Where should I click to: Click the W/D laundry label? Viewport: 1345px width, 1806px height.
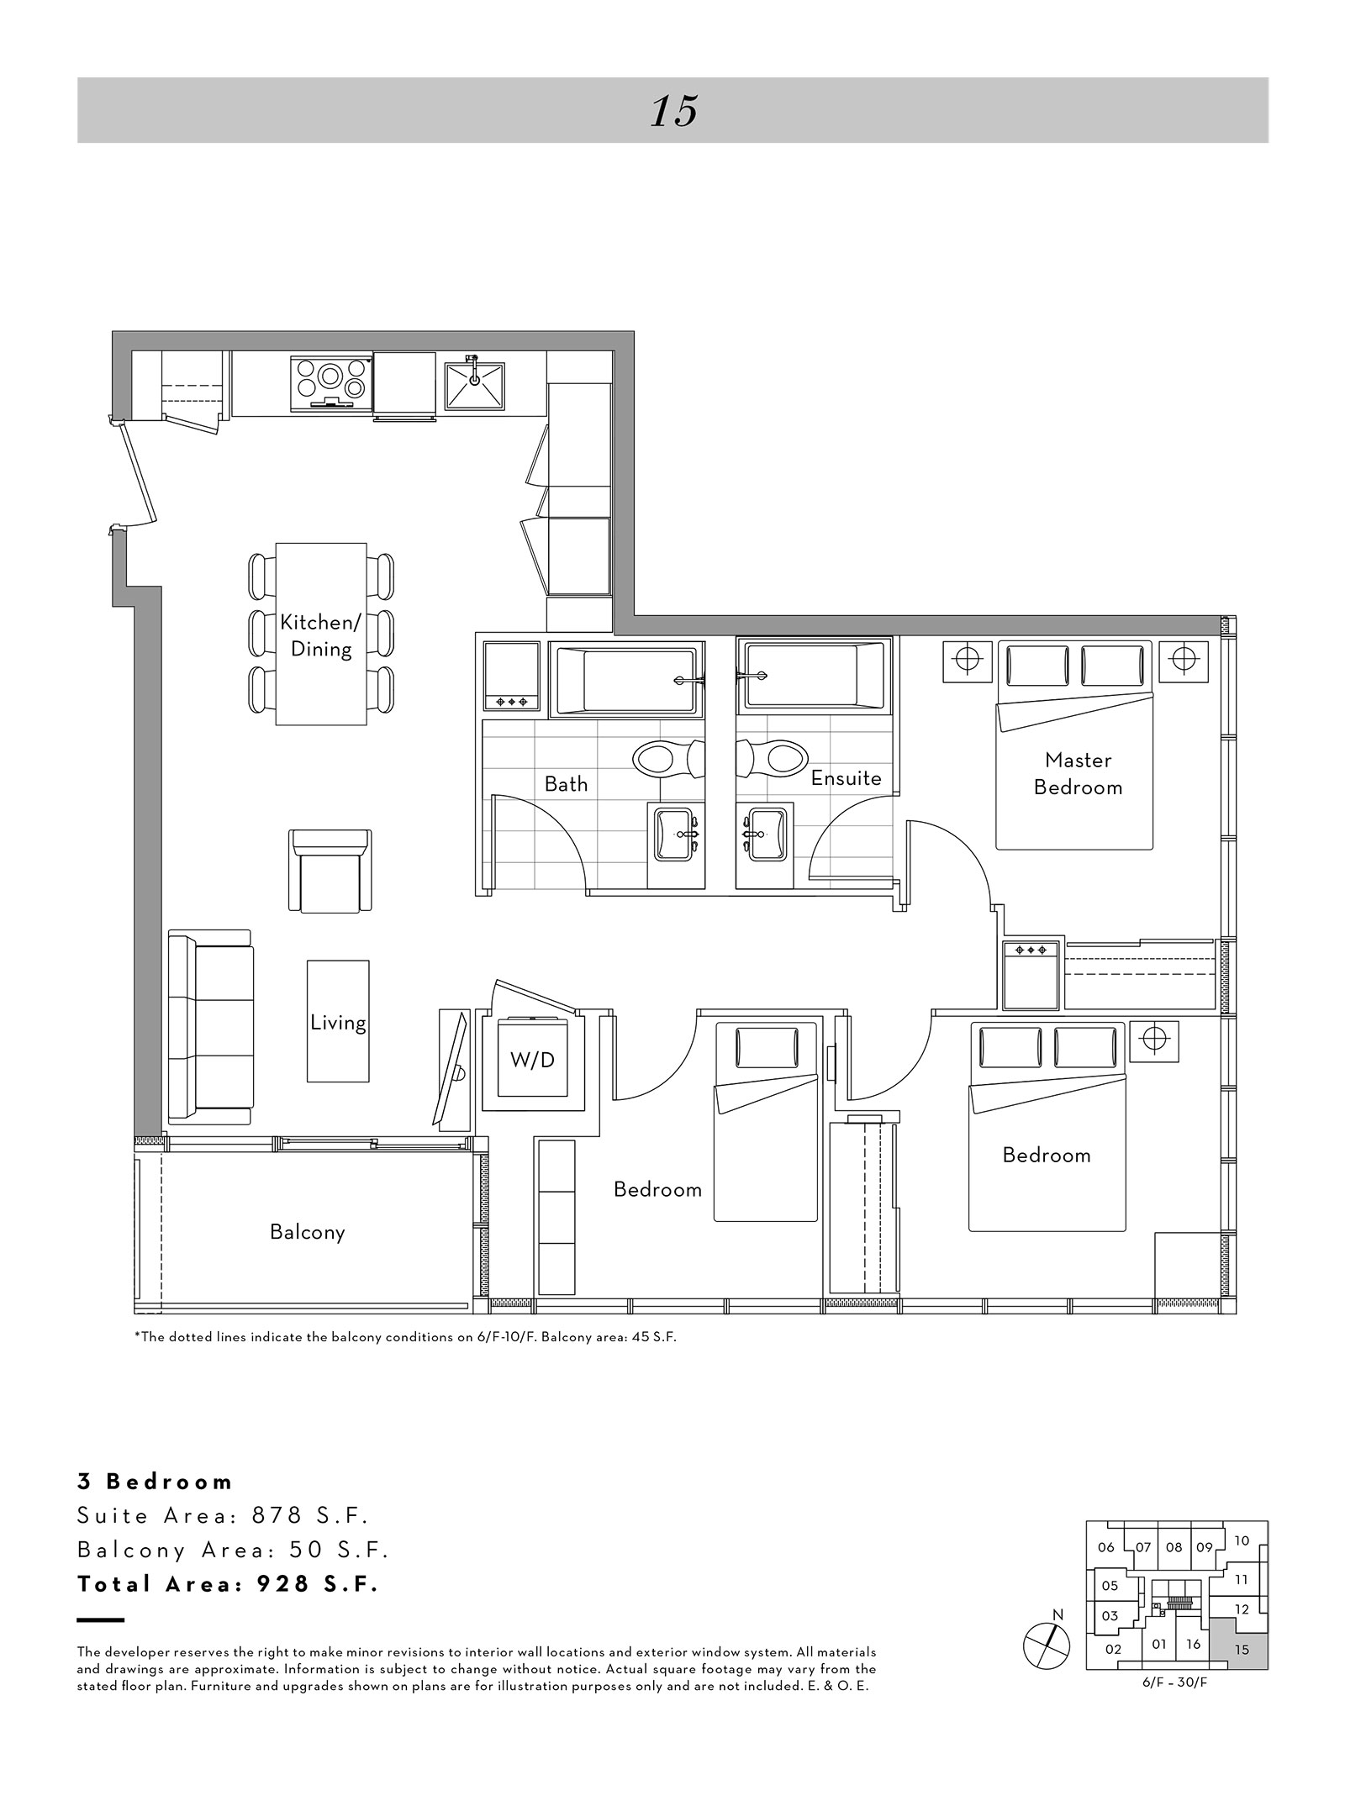click(x=532, y=1060)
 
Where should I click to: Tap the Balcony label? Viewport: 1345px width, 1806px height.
click(x=308, y=1232)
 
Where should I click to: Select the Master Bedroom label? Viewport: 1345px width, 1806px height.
click(x=1078, y=773)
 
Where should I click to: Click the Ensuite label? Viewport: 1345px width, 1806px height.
click(x=846, y=778)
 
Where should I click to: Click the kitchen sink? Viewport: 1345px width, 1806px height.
click(x=474, y=386)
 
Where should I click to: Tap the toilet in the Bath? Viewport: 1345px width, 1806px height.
click(x=671, y=759)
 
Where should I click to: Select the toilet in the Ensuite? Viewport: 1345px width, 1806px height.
click(x=773, y=759)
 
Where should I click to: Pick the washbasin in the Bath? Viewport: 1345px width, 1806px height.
click(x=676, y=835)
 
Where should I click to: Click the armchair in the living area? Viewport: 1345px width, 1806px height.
click(x=330, y=871)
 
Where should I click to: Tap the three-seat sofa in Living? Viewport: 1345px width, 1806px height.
click(x=210, y=1027)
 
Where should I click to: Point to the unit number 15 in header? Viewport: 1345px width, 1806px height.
click(x=674, y=111)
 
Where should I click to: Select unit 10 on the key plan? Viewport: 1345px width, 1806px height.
click(x=1242, y=1540)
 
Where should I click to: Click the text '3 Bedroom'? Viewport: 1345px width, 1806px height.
click(x=155, y=1482)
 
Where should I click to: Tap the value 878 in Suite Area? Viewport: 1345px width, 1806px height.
click(x=277, y=1516)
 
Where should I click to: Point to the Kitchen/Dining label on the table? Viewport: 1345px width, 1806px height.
click(x=320, y=635)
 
